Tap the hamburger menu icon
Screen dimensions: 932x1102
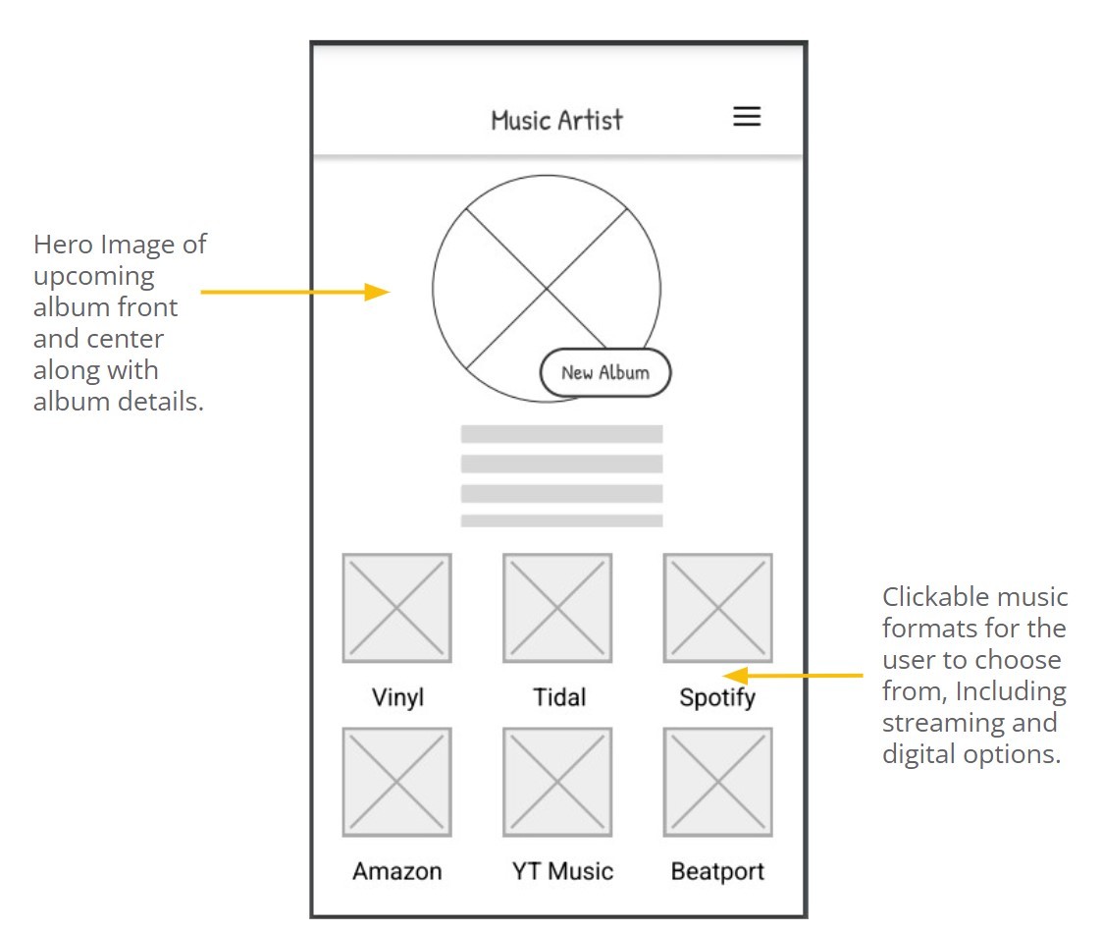[747, 117]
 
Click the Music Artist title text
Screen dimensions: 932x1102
[556, 121]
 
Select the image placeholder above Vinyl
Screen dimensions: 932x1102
[396, 608]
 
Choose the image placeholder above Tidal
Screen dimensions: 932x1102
[557, 608]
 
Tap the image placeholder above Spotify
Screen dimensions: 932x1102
[717, 608]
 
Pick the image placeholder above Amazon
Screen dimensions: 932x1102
[396, 782]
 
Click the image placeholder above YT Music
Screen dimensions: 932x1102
[557, 782]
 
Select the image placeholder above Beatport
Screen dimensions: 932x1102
[717, 782]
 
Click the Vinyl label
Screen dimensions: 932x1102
[397, 698]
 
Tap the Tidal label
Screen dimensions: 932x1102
[559, 698]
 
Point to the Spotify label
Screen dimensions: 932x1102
[717, 699]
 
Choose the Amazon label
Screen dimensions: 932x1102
[397, 871]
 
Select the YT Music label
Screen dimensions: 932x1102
[562, 871]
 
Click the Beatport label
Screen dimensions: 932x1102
[717, 871]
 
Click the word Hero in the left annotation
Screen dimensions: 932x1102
[62, 245]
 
